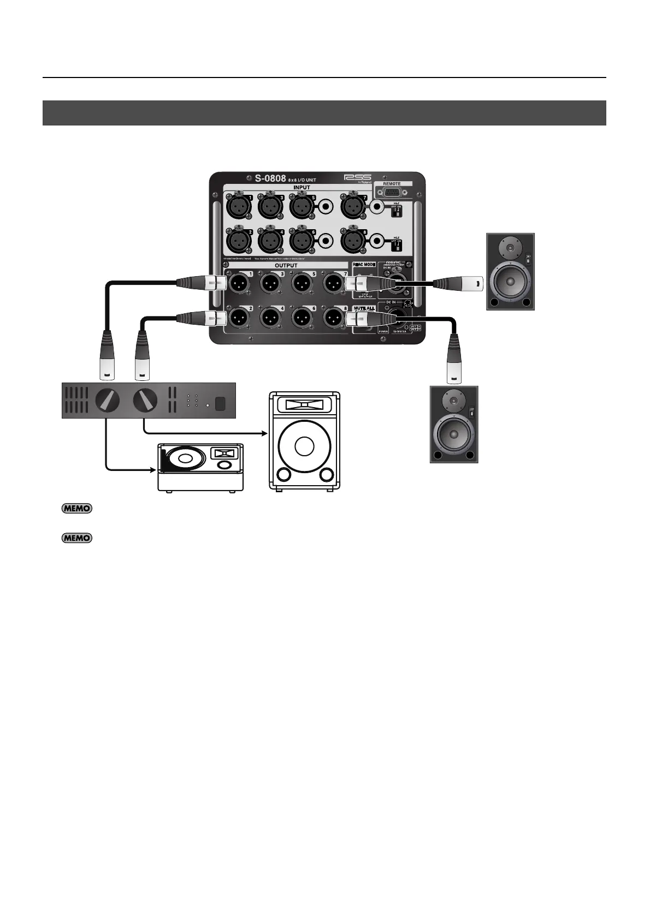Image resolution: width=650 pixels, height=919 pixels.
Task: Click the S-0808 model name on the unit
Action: click(270, 178)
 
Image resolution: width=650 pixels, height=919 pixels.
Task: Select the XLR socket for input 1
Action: click(238, 206)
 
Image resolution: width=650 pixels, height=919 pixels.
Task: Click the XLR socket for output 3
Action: click(269, 282)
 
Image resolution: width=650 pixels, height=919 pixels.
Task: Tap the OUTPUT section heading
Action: click(286, 266)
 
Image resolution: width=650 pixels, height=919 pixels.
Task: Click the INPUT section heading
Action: click(301, 187)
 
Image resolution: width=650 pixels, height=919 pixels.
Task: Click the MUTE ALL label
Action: click(363, 308)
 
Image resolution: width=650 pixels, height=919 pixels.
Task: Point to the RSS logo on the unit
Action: click(358, 177)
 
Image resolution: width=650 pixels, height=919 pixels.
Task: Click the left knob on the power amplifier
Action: click(107, 401)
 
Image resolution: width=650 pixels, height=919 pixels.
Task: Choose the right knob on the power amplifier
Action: click(145, 401)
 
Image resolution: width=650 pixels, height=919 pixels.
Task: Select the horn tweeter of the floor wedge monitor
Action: click(223, 453)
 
